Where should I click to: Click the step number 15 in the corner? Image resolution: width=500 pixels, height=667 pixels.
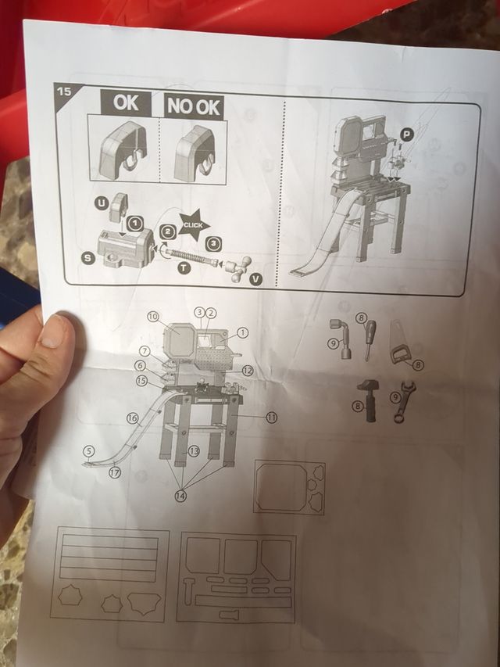tap(63, 91)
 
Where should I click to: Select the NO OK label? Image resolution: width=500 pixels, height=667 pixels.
tap(193, 106)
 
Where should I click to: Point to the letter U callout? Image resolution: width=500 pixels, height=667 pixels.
tap(101, 203)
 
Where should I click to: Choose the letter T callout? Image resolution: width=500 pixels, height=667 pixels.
tap(184, 267)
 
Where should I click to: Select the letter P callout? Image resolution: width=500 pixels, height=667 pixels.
tap(405, 135)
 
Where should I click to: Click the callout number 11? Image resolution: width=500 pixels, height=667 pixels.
tap(271, 418)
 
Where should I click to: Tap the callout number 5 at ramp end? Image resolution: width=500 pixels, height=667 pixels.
tap(90, 450)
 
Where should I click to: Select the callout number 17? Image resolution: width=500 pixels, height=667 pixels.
tap(116, 472)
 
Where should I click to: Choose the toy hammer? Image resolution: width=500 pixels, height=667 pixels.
tap(367, 399)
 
